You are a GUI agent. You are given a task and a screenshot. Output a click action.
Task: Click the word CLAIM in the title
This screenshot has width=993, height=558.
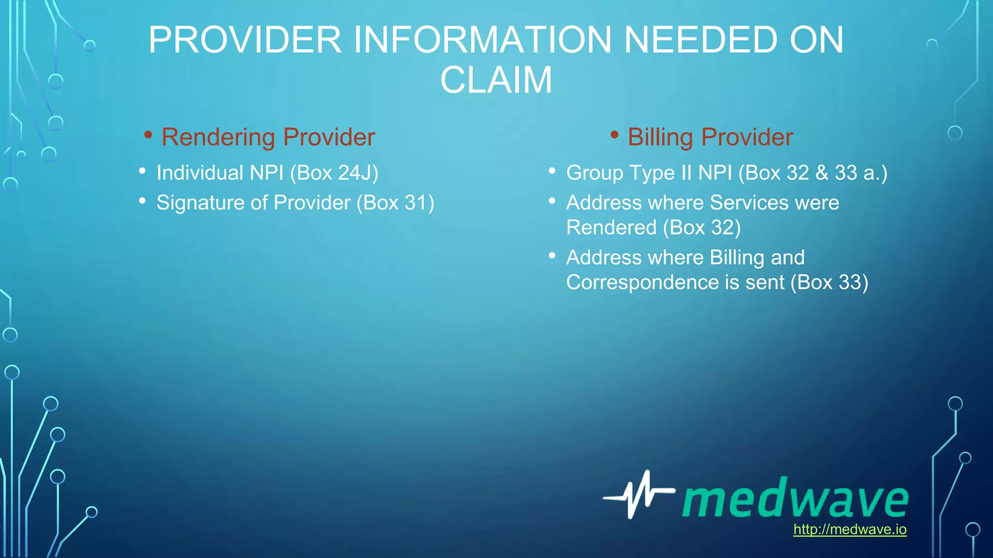[496, 80]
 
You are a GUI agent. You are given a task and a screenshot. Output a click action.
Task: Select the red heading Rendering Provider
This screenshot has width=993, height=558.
[268, 137]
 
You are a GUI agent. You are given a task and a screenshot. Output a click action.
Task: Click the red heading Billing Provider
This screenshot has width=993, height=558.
[710, 137]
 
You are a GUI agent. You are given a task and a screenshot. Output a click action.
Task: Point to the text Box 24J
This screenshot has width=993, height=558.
[334, 173]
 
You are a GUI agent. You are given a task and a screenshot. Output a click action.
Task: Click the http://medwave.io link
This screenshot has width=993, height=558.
[849, 529]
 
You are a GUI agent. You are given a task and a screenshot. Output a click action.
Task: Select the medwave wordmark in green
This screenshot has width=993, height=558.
[795, 498]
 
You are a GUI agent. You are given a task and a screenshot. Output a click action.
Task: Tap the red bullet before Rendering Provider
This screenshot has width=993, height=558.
[148, 135]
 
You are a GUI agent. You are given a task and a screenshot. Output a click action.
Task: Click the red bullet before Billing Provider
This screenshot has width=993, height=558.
[614, 135]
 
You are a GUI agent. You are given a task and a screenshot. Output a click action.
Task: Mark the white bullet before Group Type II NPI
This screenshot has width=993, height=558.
[552, 170]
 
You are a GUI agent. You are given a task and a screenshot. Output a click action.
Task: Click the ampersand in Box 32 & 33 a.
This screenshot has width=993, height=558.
[822, 173]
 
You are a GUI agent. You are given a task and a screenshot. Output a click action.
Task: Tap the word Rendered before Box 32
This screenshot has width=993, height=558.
[611, 228]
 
